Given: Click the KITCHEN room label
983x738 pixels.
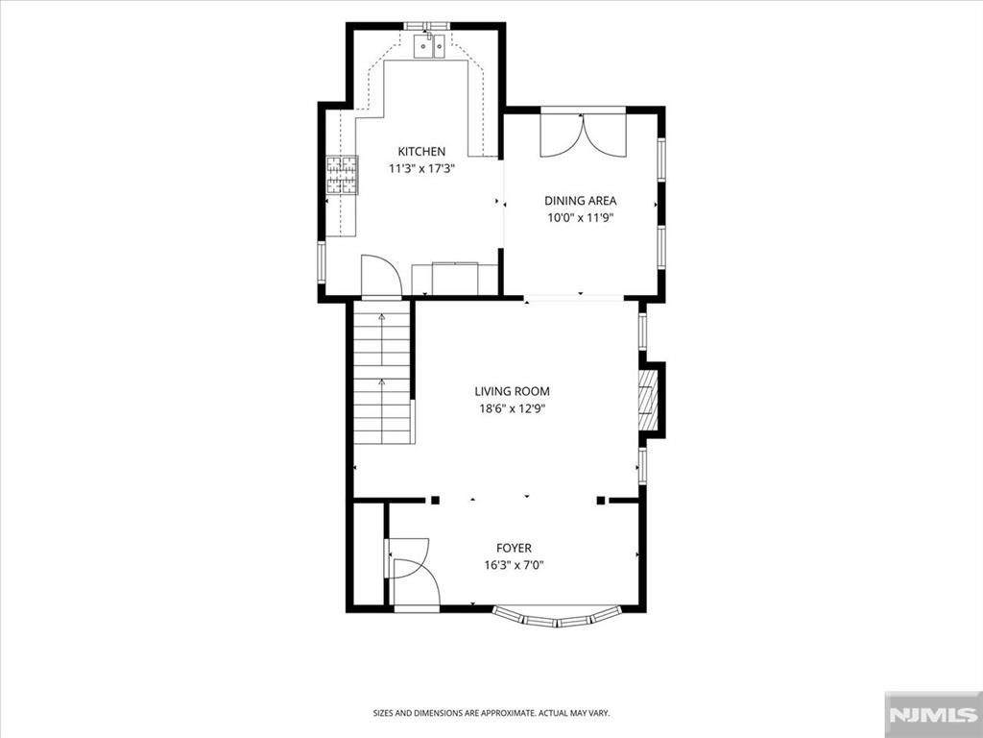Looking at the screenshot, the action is [x=421, y=151].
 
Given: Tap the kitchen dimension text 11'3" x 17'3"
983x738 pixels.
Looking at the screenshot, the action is [x=421, y=168].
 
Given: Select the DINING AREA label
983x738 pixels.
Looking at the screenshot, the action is [x=580, y=201].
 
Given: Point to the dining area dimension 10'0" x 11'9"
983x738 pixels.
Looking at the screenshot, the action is [x=580, y=218].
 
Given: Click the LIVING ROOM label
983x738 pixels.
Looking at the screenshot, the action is [x=512, y=392].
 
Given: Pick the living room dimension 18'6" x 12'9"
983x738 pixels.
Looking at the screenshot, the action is [x=512, y=408].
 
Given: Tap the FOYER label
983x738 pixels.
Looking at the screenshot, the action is [x=515, y=548].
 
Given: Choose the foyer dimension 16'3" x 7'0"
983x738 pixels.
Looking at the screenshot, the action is [x=515, y=565].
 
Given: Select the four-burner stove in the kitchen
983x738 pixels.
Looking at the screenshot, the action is [x=342, y=175].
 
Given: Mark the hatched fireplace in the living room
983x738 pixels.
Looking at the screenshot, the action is [x=648, y=401].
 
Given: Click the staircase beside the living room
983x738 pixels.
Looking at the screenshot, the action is [x=382, y=372].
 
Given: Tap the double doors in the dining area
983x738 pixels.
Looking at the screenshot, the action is [x=583, y=134].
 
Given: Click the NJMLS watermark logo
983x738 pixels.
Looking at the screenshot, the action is [x=933, y=715].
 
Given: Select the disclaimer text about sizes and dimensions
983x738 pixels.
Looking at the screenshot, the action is [x=491, y=713].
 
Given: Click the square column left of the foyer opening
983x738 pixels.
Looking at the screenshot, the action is [x=435, y=500].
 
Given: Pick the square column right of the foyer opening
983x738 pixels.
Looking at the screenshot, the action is [x=601, y=500].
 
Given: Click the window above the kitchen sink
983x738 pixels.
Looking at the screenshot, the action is [x=427, y=26].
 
